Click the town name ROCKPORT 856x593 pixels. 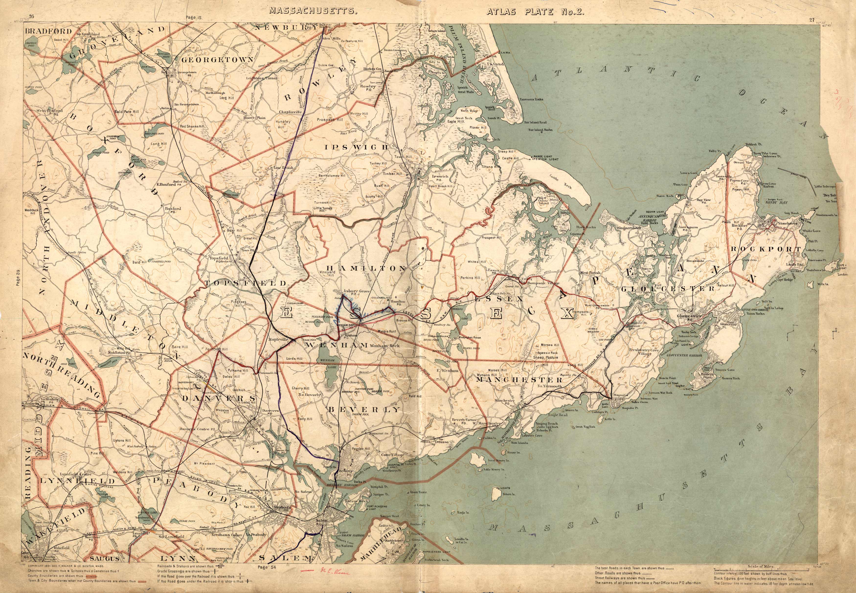(766, 249)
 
